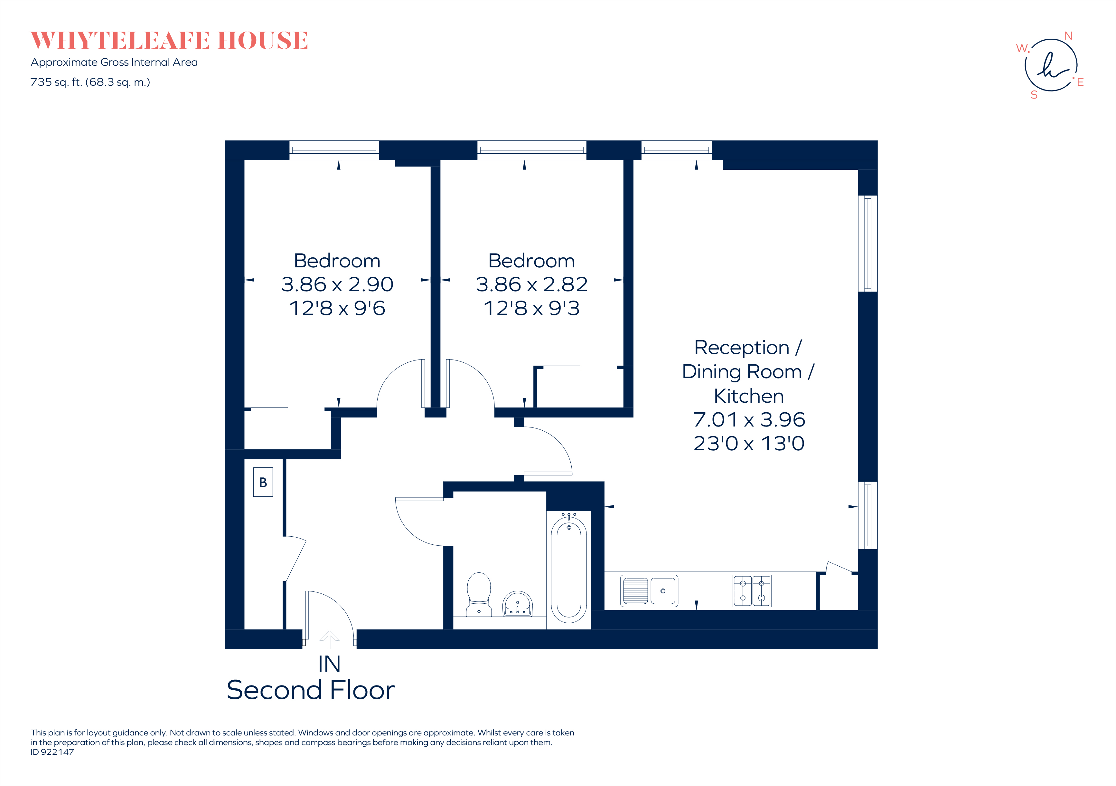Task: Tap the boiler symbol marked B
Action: pyautogui.click(x=263, y=482)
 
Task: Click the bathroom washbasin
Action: pyautogui.click(x=517, y=604)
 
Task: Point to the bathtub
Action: pyautogui.click(x=569, y=569)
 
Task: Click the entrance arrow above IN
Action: pyautogui.click(x=329, y=639)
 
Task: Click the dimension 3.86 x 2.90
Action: pyautogui.click(x=337, y=284)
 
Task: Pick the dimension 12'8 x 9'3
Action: pyautogui.click(x=532, y=308)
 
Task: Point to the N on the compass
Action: pyautogui.click(x=1068, y=36)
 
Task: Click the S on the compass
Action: pyautogui.click(x=1034, y=95)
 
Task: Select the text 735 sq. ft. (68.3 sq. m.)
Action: pyautogui.click(x=90, y=82)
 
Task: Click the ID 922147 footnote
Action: pyautogui.click(x=52, y=752)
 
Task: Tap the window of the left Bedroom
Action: pyautogui.click(x=334, y=150)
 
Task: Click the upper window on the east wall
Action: pyautogui.click(x=867, y=243)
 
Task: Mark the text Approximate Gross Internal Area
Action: pyautogui.click(x=114, y=62)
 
